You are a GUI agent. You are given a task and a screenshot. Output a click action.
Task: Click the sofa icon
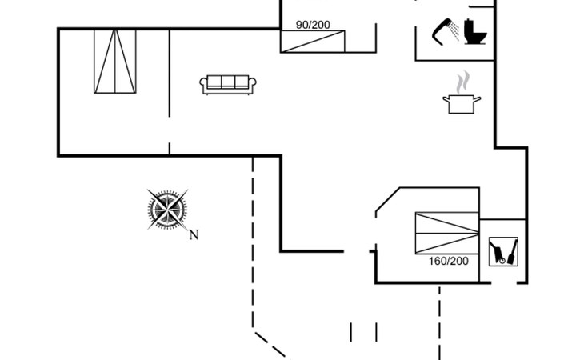229,84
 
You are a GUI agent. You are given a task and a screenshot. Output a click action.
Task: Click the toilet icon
476,30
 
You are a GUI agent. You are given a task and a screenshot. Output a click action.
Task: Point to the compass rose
168,210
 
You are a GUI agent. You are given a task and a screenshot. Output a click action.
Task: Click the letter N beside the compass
193,234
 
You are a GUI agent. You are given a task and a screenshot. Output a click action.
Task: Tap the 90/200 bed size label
313,24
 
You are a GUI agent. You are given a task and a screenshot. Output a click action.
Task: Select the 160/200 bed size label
448,261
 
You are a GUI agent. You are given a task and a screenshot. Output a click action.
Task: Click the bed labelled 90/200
313,41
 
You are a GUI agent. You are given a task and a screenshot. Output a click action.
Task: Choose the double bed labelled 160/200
446,233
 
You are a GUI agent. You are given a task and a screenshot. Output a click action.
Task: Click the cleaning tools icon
503,251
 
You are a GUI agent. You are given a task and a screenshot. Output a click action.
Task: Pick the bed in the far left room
115,62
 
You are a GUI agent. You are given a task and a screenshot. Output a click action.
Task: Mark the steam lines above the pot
462,82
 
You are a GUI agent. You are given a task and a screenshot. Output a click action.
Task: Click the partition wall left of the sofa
170,72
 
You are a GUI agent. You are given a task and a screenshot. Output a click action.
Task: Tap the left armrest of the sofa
203,85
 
